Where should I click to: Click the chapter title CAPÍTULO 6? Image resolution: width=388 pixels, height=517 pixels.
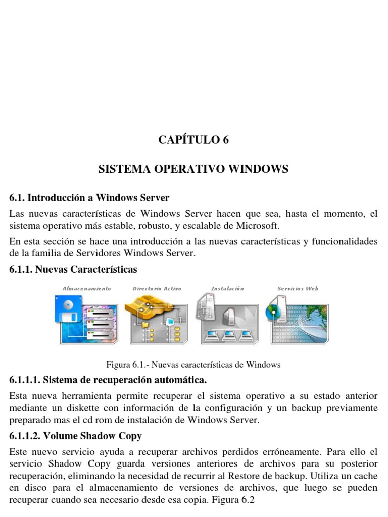[x=193, y=140]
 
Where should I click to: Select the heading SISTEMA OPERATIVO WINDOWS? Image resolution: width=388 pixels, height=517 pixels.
[x=193, y=169]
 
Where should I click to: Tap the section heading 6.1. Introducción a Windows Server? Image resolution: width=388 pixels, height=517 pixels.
[x=89, y=197]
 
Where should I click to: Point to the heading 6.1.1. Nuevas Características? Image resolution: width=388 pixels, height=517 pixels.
[x=73, y=269]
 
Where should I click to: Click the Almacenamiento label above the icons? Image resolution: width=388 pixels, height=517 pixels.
[x=86, y=289]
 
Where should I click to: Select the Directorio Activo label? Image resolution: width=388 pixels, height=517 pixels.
[x=157, y=289]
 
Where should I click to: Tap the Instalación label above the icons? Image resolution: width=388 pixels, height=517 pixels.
[x=227, y=289]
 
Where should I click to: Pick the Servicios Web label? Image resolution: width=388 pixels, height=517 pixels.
[x=298, y=289]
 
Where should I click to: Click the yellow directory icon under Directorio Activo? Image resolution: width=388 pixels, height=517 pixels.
[x=144, y=306]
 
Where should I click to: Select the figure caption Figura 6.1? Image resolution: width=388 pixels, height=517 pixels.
[x=193, y=365]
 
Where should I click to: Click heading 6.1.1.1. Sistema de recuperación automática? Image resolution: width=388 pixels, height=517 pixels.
[x=108, y=379]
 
